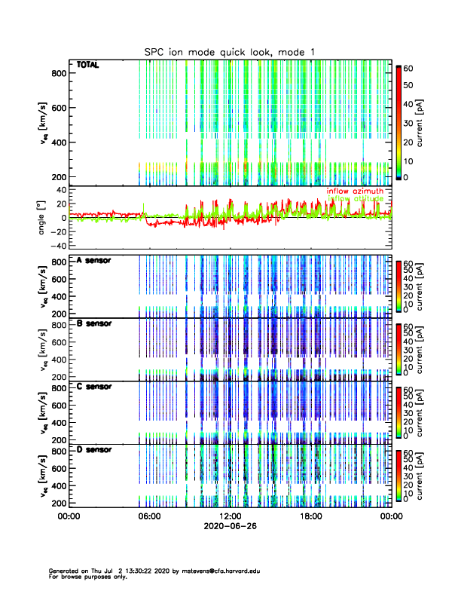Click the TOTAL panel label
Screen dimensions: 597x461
87,66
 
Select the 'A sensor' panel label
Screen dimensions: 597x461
93,260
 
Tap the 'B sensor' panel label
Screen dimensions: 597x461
93,323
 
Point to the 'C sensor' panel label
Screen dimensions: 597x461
93,387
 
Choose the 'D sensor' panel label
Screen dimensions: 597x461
93,450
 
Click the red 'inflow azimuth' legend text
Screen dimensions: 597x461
354,191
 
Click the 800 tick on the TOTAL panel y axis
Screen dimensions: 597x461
56,72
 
